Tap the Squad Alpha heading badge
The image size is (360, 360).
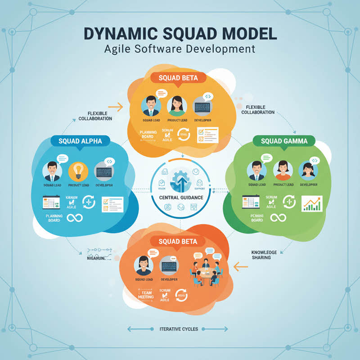click(80, 141)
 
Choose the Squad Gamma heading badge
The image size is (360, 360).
click(284, 141)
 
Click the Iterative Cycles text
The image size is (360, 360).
click(179, 329)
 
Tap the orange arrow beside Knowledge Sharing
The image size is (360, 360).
click(241, 267)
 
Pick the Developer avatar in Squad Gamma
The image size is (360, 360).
click(308, 171)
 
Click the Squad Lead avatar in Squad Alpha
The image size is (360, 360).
click(52, 171)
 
